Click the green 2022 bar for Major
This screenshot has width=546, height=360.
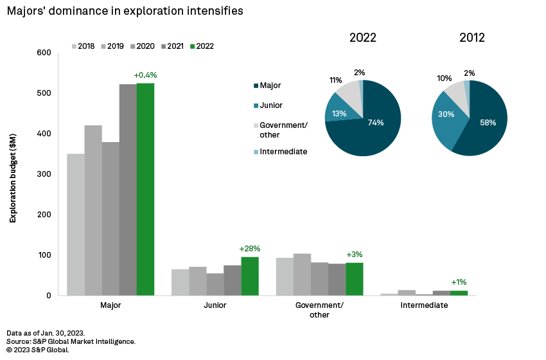coord(145,190)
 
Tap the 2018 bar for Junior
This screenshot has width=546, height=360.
coord(180,282)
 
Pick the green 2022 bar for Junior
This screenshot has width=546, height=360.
coord(250,276)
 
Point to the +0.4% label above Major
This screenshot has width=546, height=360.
coord(145,75)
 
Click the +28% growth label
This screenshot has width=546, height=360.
coord(250,249)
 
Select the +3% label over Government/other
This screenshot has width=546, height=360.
coord(355,255)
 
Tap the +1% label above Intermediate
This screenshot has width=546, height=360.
coord(459,282)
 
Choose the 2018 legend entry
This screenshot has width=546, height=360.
coord(83,46)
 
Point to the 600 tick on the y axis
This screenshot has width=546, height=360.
coord(44,53)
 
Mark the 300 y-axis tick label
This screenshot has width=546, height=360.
coord(44,174)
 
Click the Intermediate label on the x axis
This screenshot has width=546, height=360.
coord(424,305)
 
